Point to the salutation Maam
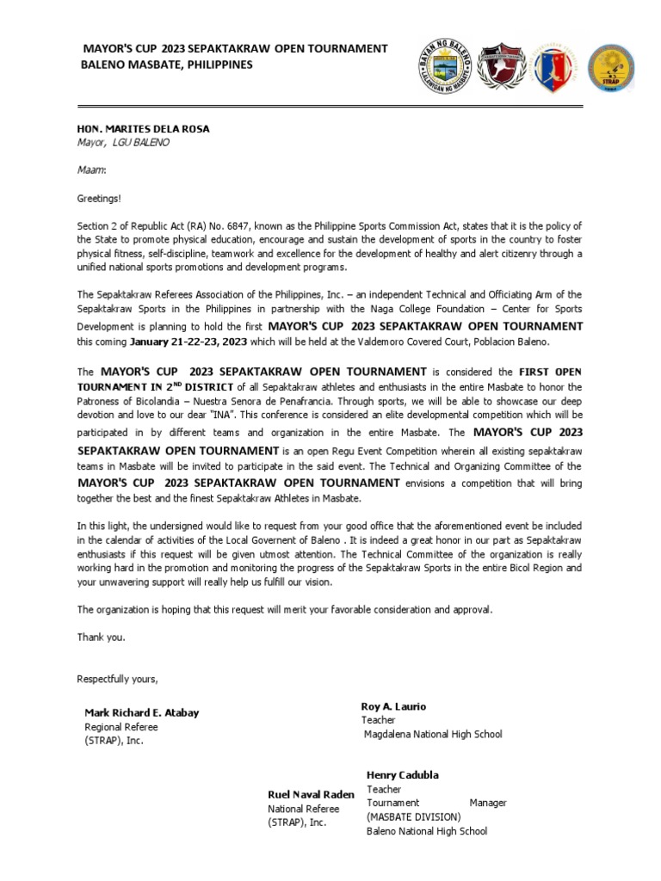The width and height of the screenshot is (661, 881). pos(91,169)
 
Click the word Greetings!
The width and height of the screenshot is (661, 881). pos(99,198)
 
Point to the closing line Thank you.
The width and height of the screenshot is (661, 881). pos(101,638)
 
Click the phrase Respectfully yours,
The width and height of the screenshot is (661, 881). pos(117,679)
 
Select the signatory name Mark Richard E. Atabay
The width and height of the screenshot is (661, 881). pos(141,713)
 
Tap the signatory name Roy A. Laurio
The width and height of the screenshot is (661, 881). pos(393,706)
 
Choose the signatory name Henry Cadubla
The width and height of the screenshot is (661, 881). pos(402,775)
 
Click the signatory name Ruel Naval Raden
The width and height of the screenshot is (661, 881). pos(311,795)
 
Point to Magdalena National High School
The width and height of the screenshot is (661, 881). pos(433,735)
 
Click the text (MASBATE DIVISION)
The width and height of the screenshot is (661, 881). pos(413,816)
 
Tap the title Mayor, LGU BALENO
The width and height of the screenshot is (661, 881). pos(123,143)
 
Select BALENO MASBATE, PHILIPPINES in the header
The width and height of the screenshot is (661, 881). pos(167,65)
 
